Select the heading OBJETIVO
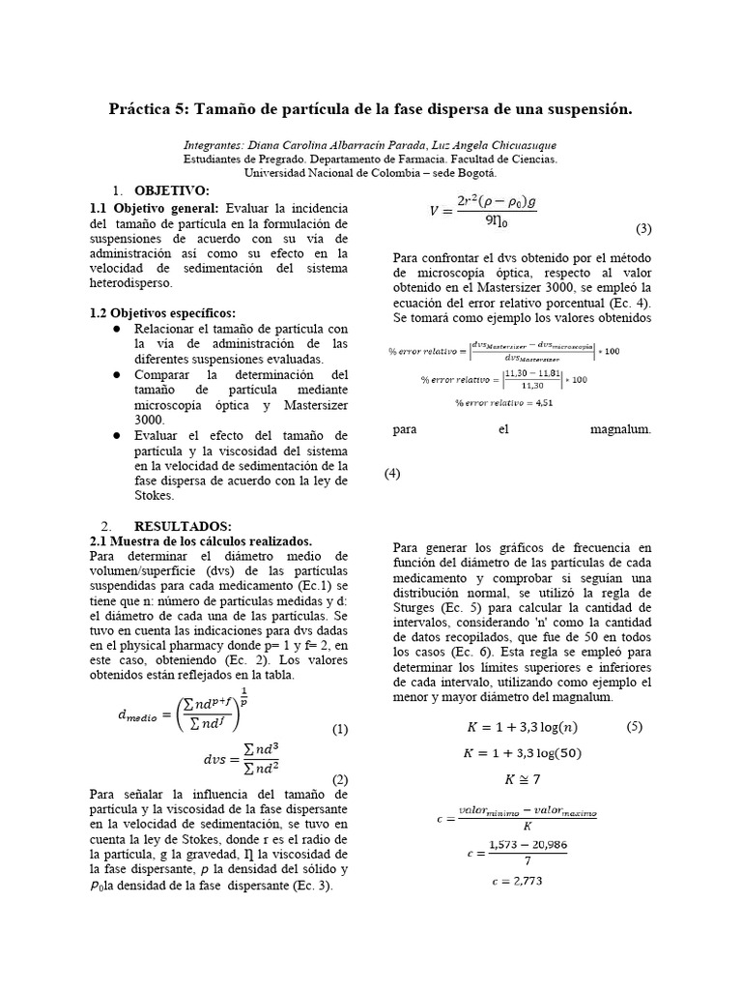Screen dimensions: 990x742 [x=171, y=190]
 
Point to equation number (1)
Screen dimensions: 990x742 [x=339, y=730]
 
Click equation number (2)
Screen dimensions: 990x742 [x=339, y=779]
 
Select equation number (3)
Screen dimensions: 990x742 [x=644, y=229]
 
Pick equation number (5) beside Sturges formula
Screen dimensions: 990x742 [x=634, y=726]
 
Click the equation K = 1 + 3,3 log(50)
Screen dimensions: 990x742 [x=522, y=753]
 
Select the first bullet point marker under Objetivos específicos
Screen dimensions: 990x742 [x=116, y=330]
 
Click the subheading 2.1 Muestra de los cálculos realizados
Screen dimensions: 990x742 [x=200, y=540]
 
